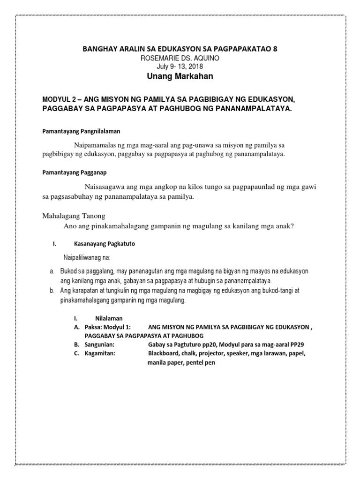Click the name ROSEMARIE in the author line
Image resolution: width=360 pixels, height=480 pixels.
pos(162,58)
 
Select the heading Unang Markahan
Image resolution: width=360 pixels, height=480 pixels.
pos(180,76)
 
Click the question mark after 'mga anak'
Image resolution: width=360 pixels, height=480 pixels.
pos(292,226)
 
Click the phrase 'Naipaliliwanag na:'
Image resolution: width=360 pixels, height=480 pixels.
pos(87,258)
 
